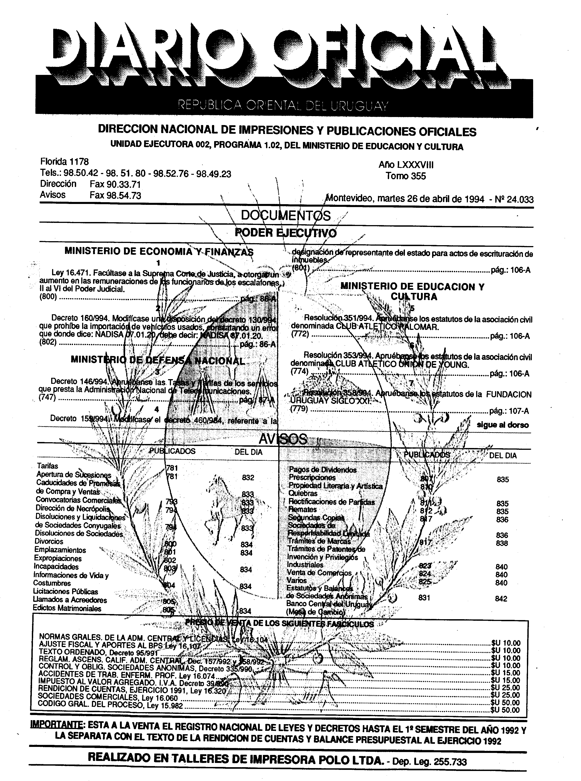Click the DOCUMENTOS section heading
tap(286, 216)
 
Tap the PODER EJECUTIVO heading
tap(286, 233)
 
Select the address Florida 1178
tap(64, 162)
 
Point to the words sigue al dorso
tap(503, 425)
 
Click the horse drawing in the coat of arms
tap(225, 507)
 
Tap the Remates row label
tap(303, 510)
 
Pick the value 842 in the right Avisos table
tap(501, 599)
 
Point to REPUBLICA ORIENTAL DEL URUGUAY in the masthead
tap(283, 105)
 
